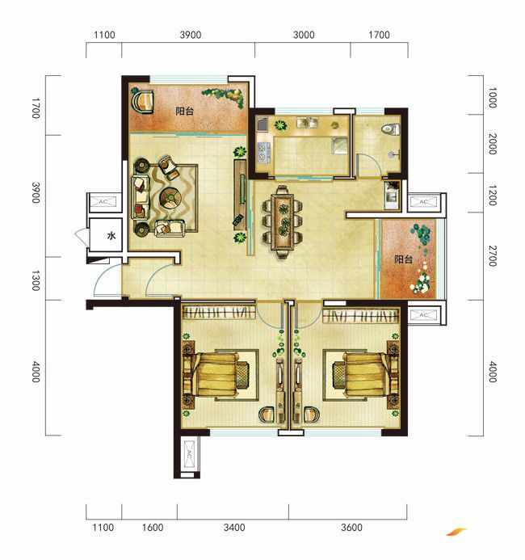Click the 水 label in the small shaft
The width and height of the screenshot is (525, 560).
(x=111, y=236)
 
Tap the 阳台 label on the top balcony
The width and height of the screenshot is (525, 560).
(x=184, y=111)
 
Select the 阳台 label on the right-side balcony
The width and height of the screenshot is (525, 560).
(x=403, y=259)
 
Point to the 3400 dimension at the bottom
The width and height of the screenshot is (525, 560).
(x=234, y=528)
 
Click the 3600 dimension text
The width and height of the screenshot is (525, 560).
(x=351, y=528)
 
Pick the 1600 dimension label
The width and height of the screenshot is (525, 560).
(x=153, y=528)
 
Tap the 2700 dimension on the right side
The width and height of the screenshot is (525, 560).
(x=493, y=255)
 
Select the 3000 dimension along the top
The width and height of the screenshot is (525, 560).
(x=304, y=35)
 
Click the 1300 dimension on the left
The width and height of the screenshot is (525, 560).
(x=36, y=280)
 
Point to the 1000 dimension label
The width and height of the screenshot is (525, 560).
(x=493, y=97)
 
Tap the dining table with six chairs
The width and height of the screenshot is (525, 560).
(x=283, y=221)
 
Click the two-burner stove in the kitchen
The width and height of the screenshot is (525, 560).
(x=262, y=151)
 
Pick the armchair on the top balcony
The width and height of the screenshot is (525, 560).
(x=142, y=102)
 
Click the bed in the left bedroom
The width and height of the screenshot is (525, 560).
(x=216, y=374)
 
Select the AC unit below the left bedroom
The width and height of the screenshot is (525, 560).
(x=189, y=454)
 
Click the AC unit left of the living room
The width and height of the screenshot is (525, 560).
(x=103, y=202)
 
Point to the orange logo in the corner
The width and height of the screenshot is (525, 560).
(x=456, y=532)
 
